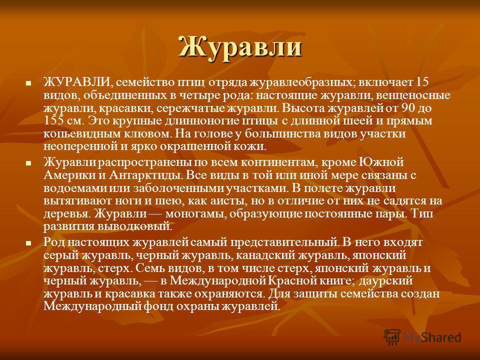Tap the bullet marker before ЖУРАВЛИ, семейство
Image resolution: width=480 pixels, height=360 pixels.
(x=28, y=82)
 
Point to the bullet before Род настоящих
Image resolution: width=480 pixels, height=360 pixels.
(x=28, y=243)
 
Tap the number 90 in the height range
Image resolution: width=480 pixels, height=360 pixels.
(x=408, y=108)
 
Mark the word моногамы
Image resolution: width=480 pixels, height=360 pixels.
(x=196, y=214)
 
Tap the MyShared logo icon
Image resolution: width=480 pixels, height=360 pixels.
(x=392, y=337)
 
